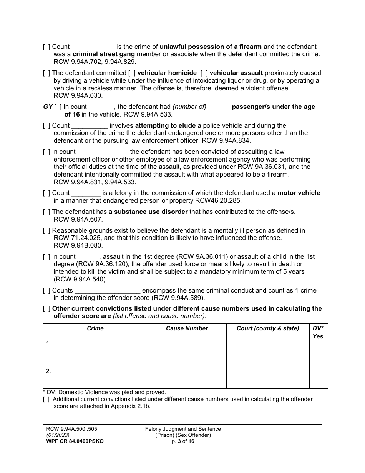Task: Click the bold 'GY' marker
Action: coord(48,107)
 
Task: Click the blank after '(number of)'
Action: coord(219,107)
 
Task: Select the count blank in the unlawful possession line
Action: coord(93,47)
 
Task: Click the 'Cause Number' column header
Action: coord(187,328)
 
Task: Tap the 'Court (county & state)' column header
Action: coord(268,328)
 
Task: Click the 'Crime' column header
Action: coord(95,328)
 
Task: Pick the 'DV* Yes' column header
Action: coord(319,332)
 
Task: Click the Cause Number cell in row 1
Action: coord(187,354)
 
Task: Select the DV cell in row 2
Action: coord(319,378)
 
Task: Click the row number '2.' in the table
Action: coord(49,371)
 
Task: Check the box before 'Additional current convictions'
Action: coord(46,399)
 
